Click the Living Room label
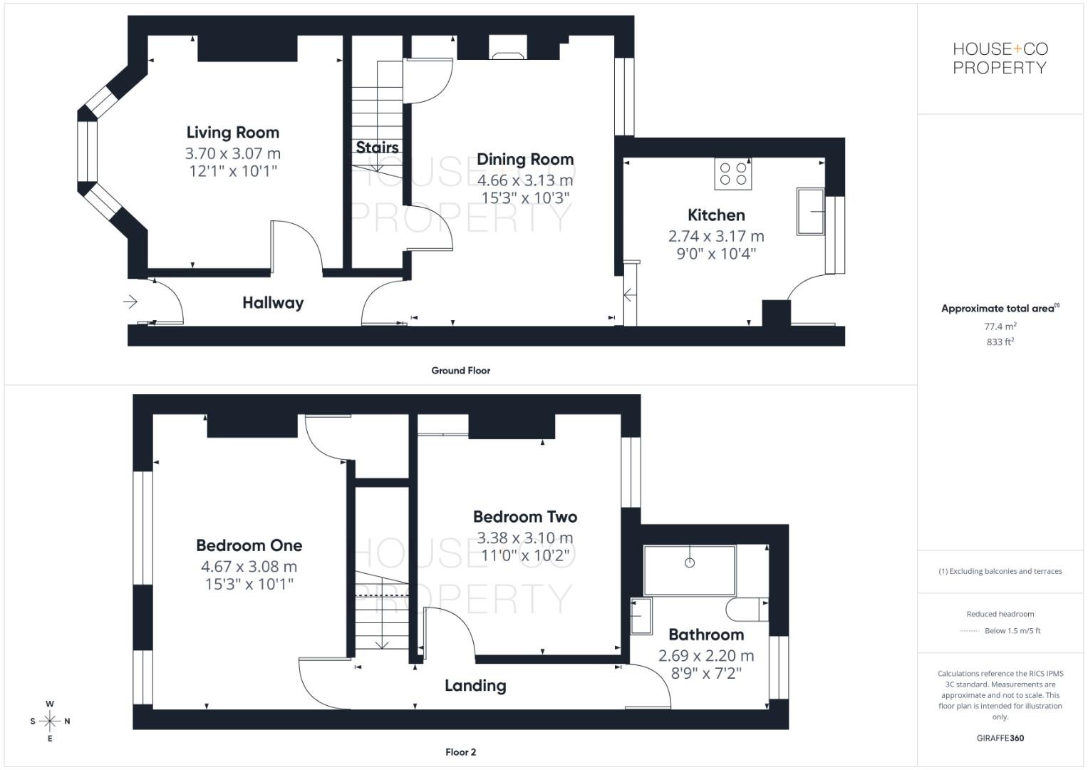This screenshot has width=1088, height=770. click(x=233, y=133)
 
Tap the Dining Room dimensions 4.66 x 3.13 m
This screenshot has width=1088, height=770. click(x=525, y=180)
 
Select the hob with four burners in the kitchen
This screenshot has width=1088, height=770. click(x=733, y=174)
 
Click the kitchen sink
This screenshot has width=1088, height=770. click(x=810, y=211)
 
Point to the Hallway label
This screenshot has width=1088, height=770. click(x=273, y=303)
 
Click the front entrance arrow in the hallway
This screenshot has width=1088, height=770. click(x=130, y=302)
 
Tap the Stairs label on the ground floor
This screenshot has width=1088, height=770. click(x=377, y=148)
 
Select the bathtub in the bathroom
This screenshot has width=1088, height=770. click(x=689, y=570)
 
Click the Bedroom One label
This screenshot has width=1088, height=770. click(x=249, y=546)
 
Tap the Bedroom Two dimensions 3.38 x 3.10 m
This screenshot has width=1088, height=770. click(x=525, y=538)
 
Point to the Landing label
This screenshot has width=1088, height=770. click(x=475, y=686)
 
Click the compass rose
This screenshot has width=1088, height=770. click(x=50, y=721)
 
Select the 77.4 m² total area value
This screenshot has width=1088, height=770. click(x=1000, y=327)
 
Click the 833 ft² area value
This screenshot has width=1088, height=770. click(x=1000, y=342)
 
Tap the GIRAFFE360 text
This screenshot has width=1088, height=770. click(x=1000, y=738)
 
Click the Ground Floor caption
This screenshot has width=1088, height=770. click(x=460, y=371)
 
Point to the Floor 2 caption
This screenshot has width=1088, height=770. click(x=460, y=752)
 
